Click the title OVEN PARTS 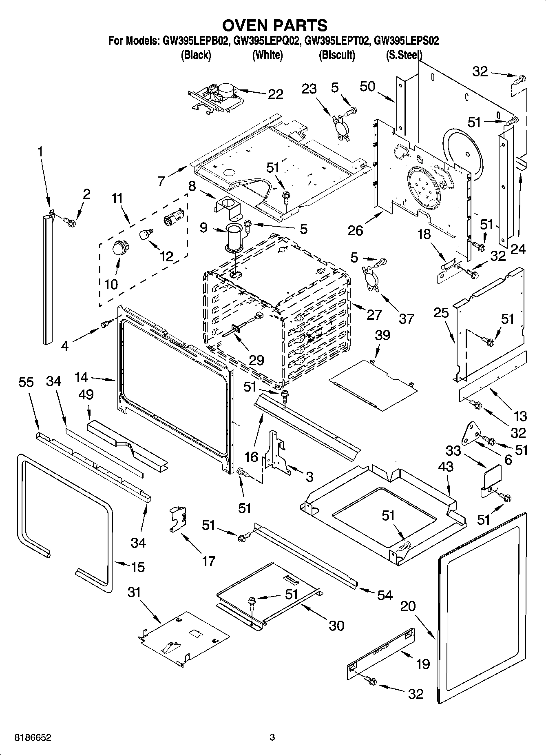274,25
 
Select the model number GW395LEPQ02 267,41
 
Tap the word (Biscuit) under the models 336,55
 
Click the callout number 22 275,94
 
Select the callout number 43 445,466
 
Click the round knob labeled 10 120,248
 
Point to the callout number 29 256,360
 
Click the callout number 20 408,606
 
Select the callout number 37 406,318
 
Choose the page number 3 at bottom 272,737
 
